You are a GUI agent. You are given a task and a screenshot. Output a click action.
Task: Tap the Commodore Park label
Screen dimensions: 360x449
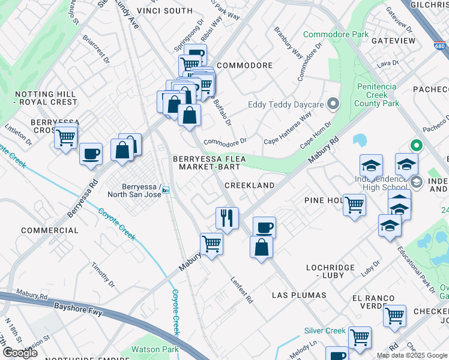[x=336, y=34]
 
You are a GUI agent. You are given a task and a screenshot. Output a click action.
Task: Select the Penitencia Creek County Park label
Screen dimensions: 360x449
[x=378, y=95]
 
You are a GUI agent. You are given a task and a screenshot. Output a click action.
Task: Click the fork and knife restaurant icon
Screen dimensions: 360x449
[x=227, y=217]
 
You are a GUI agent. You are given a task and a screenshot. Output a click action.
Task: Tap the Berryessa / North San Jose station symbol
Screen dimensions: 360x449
[x=166, y=190]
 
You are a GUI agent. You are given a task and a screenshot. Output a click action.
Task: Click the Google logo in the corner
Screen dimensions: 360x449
[x=20, y=353]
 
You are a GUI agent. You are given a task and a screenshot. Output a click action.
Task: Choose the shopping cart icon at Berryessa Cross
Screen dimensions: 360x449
[x=65, y=137]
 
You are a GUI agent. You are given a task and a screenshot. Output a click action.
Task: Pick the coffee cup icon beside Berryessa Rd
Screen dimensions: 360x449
[x=91, y=153]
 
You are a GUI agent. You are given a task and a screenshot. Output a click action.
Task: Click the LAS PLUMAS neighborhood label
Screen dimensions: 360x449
[x=299, y=295]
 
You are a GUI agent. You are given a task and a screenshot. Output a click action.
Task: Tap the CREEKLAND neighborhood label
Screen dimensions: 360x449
[x=249, y=185]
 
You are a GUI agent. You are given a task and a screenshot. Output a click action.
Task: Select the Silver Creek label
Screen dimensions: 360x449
[x=325, y=331]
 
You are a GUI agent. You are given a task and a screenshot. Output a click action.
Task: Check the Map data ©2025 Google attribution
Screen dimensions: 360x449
[x=412, y=355]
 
